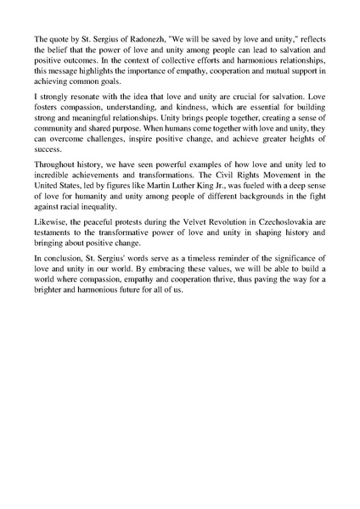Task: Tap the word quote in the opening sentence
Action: point(59,39)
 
